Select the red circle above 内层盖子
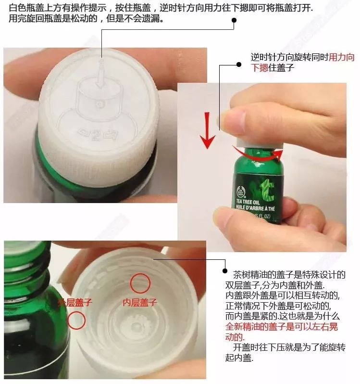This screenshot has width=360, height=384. coord(140,282)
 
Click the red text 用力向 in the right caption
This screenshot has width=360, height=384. coord(341,58)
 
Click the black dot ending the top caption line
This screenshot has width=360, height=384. coord(234,21)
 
